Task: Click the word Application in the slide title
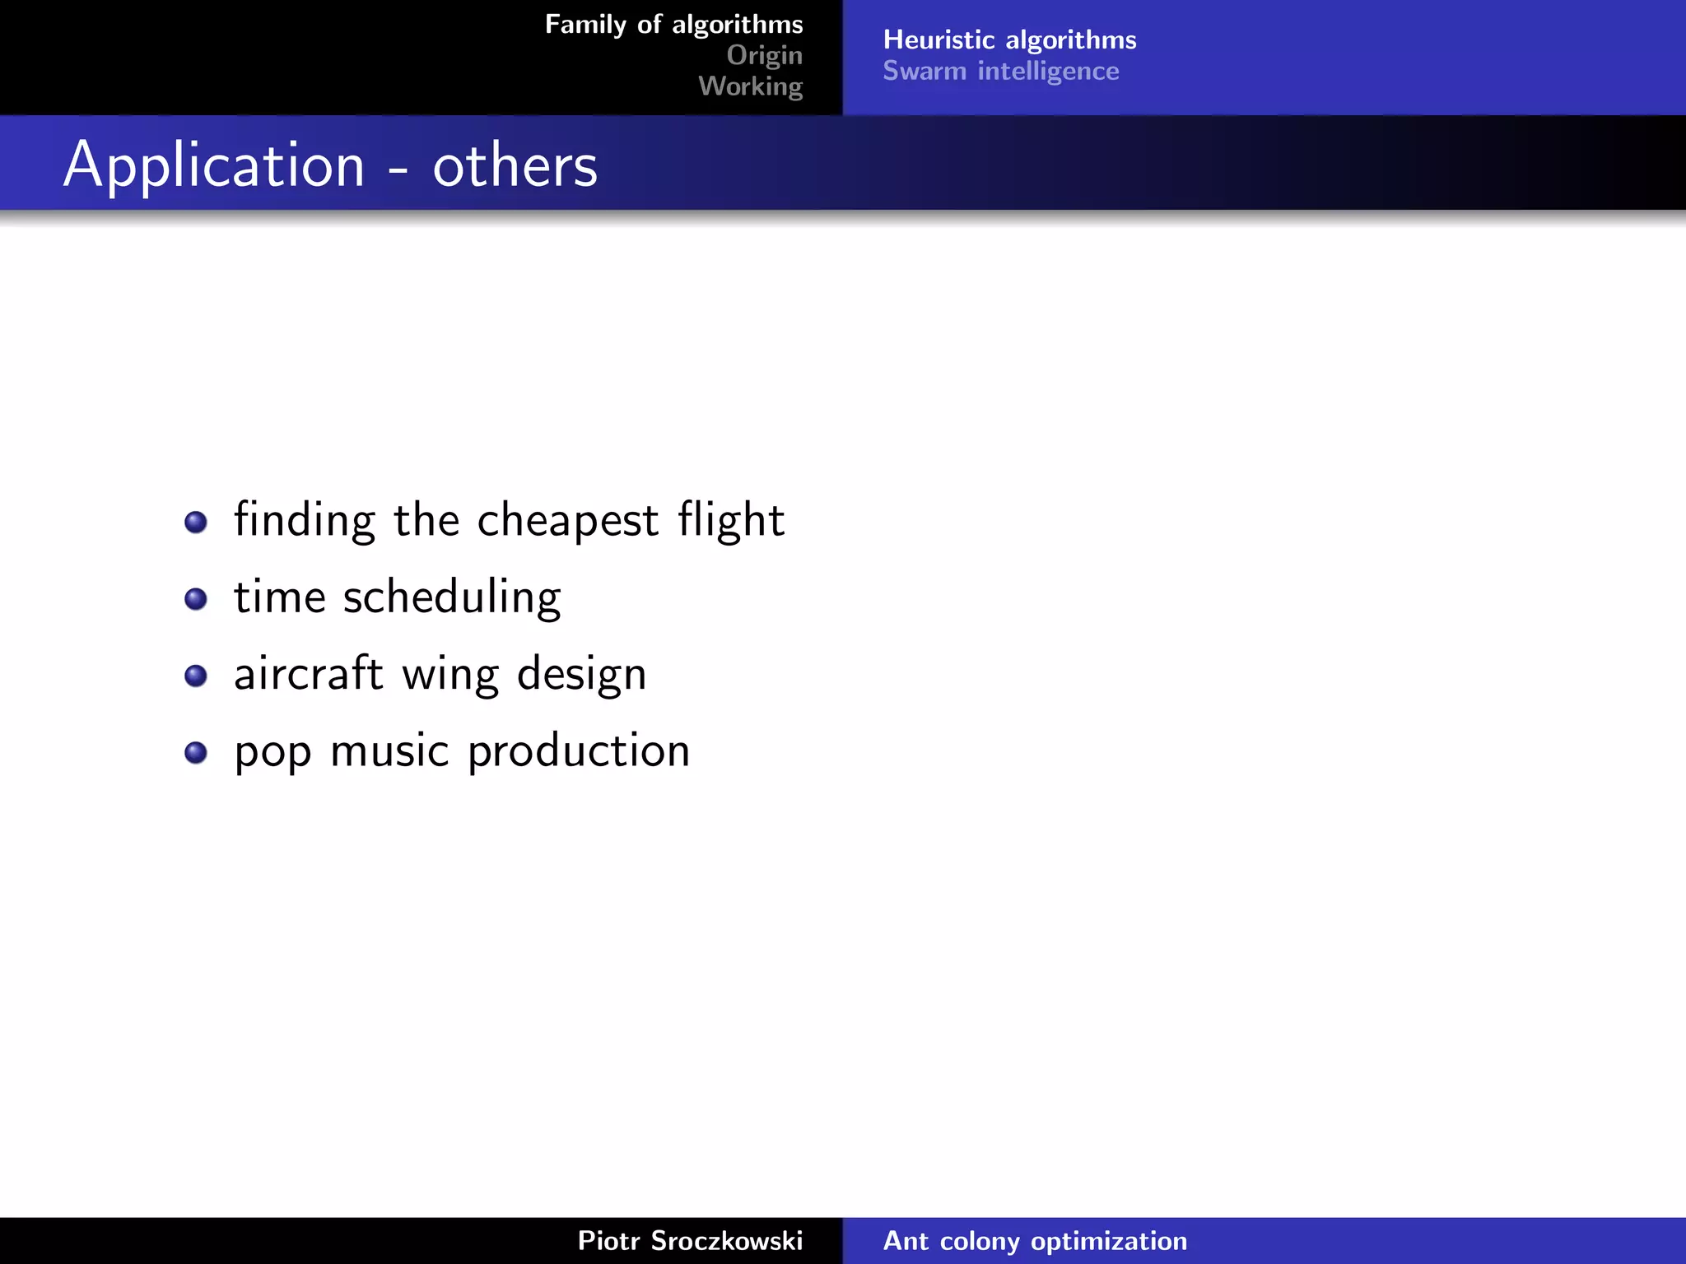[214, 167]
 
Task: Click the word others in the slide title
[515, 167]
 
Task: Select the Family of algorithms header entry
[673, 25]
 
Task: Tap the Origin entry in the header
[764, 55]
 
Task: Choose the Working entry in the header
[750, 86]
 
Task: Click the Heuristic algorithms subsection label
[1009, 39]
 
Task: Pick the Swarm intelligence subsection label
[1000, 72]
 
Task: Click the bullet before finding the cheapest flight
[196, 522]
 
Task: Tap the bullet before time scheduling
[196, 598]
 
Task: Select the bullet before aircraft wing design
[196, 676]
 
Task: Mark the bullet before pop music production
[196, 752]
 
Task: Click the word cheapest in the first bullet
[567, 521]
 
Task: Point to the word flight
[731, 521]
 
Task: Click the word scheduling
[451, 598]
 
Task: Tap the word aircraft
[308, 675]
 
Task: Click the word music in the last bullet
[389, 751]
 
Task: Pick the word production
[578, 751]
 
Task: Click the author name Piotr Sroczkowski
[690, 1241]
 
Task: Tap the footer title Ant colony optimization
[1035, 1241]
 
